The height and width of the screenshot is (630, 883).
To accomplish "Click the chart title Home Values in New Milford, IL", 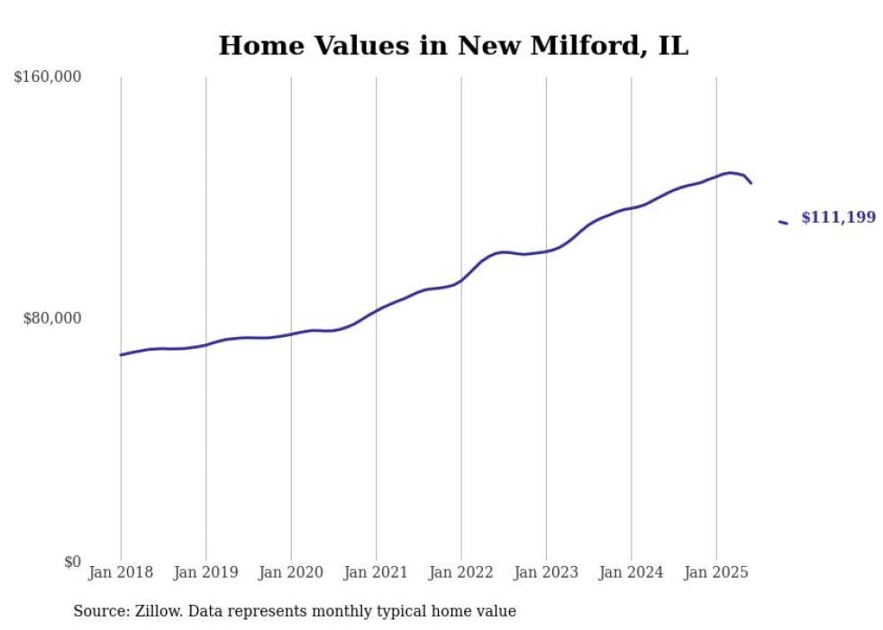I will click(x=453, y=46).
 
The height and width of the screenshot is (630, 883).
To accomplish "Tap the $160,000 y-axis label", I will click(x=48, y=78).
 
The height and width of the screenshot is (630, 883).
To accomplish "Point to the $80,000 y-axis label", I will click(x=52, y=319).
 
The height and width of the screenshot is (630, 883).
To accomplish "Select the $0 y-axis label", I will click(x=72, y=562).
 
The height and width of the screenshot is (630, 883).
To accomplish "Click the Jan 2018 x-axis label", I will click(x=121, y=572).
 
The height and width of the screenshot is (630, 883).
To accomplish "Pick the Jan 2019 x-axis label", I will click(x=205, y=572).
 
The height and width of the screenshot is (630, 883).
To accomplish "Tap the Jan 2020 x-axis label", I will click(x=291, y=572).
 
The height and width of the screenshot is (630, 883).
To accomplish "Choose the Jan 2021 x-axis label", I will click(x=376, y=572).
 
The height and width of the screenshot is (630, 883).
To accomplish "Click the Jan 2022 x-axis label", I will click(x=461, y=572).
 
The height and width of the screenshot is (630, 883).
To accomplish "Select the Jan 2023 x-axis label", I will click(x=546, y=572).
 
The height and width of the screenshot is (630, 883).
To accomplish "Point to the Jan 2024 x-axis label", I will click(x=632, y=572).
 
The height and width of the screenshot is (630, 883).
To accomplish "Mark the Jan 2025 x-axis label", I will click(x=716, y=572).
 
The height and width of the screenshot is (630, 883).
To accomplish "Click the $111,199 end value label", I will click(x=838, y=217).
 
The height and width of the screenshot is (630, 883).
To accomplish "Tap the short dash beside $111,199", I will click(x=783, y=222).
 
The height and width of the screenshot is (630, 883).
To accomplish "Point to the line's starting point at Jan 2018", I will click(x=121, y=355).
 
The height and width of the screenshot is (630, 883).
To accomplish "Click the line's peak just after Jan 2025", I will click(x=730, y=172).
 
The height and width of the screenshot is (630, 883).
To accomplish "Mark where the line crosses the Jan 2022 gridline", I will click(x=461, y=280).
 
